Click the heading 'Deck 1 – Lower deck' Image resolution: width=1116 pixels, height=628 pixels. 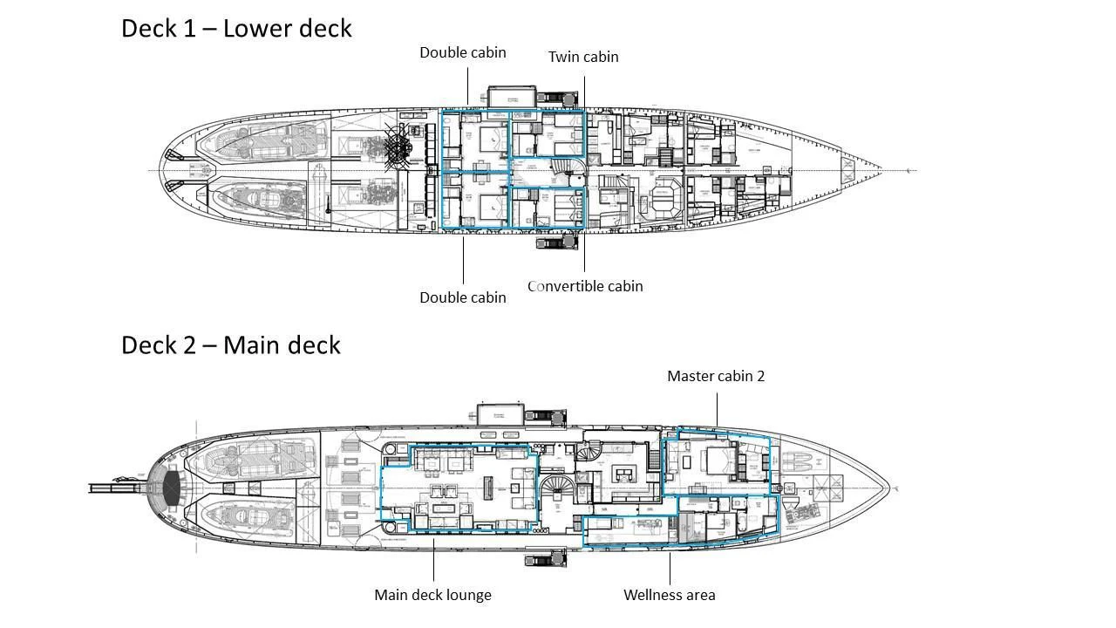coord(236,28)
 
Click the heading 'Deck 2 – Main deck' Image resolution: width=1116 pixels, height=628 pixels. coord(230,345)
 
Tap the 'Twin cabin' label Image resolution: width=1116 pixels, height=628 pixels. coord(583,57)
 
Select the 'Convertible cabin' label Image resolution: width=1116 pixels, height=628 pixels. coord(585,286)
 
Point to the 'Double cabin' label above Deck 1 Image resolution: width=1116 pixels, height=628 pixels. coord(462,52)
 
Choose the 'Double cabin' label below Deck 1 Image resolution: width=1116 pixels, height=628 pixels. coord(462,297)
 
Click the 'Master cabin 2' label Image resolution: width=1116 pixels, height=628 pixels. coord(716,376)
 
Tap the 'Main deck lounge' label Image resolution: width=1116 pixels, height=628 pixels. coord(432,595)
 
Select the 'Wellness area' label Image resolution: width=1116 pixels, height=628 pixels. coord(669,595)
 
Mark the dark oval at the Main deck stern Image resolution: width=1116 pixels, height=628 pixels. coord(171,488)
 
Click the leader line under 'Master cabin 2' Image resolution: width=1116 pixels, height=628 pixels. coord(718,410)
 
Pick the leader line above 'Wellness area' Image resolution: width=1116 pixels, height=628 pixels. coord(670,567)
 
